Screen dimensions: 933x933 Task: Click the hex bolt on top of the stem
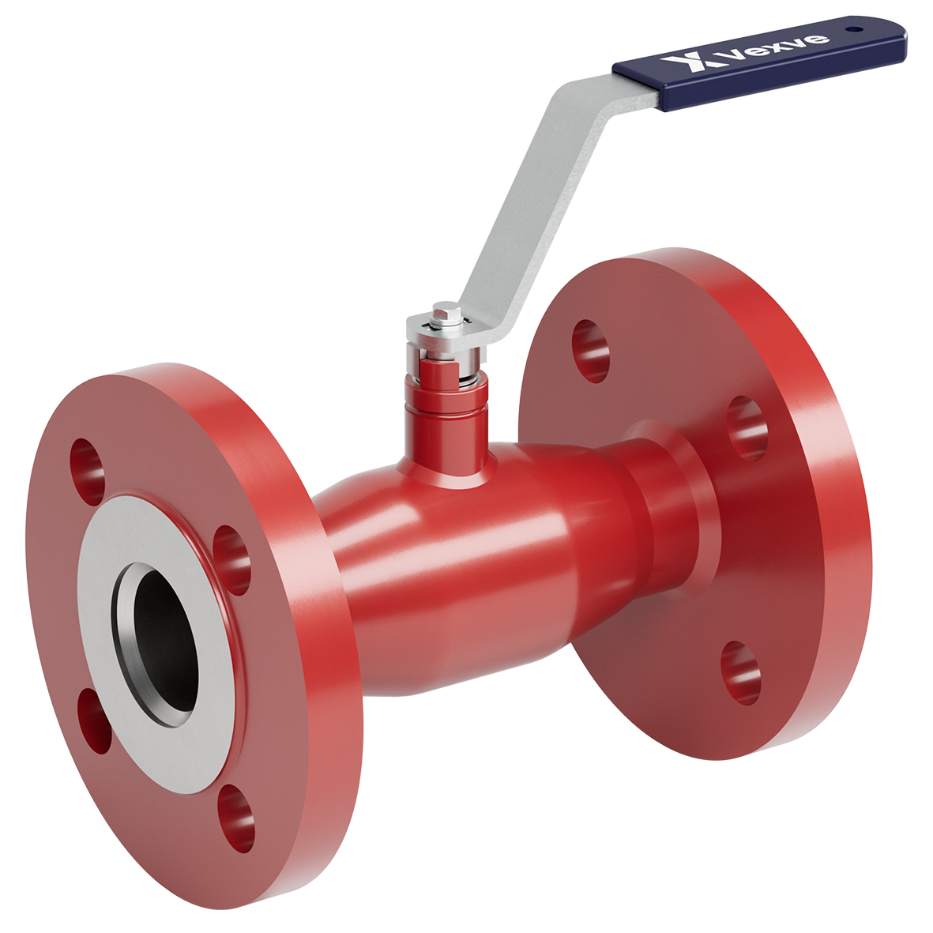(447, 315)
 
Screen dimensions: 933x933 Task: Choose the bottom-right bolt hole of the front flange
(236, 818)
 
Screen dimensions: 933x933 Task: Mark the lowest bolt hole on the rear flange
(741, 672)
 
